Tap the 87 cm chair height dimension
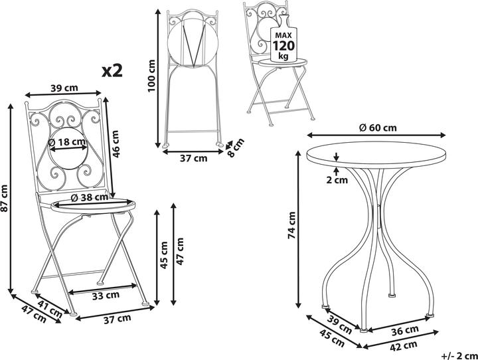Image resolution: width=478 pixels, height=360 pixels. pos(5,198)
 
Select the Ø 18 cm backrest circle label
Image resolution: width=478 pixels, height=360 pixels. pos(67,141)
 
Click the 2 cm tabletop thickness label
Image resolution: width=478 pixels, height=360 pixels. pos(339,180)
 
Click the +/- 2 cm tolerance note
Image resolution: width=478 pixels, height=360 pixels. pos(458,355)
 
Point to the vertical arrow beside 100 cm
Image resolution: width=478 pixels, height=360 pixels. pos(159,76)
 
